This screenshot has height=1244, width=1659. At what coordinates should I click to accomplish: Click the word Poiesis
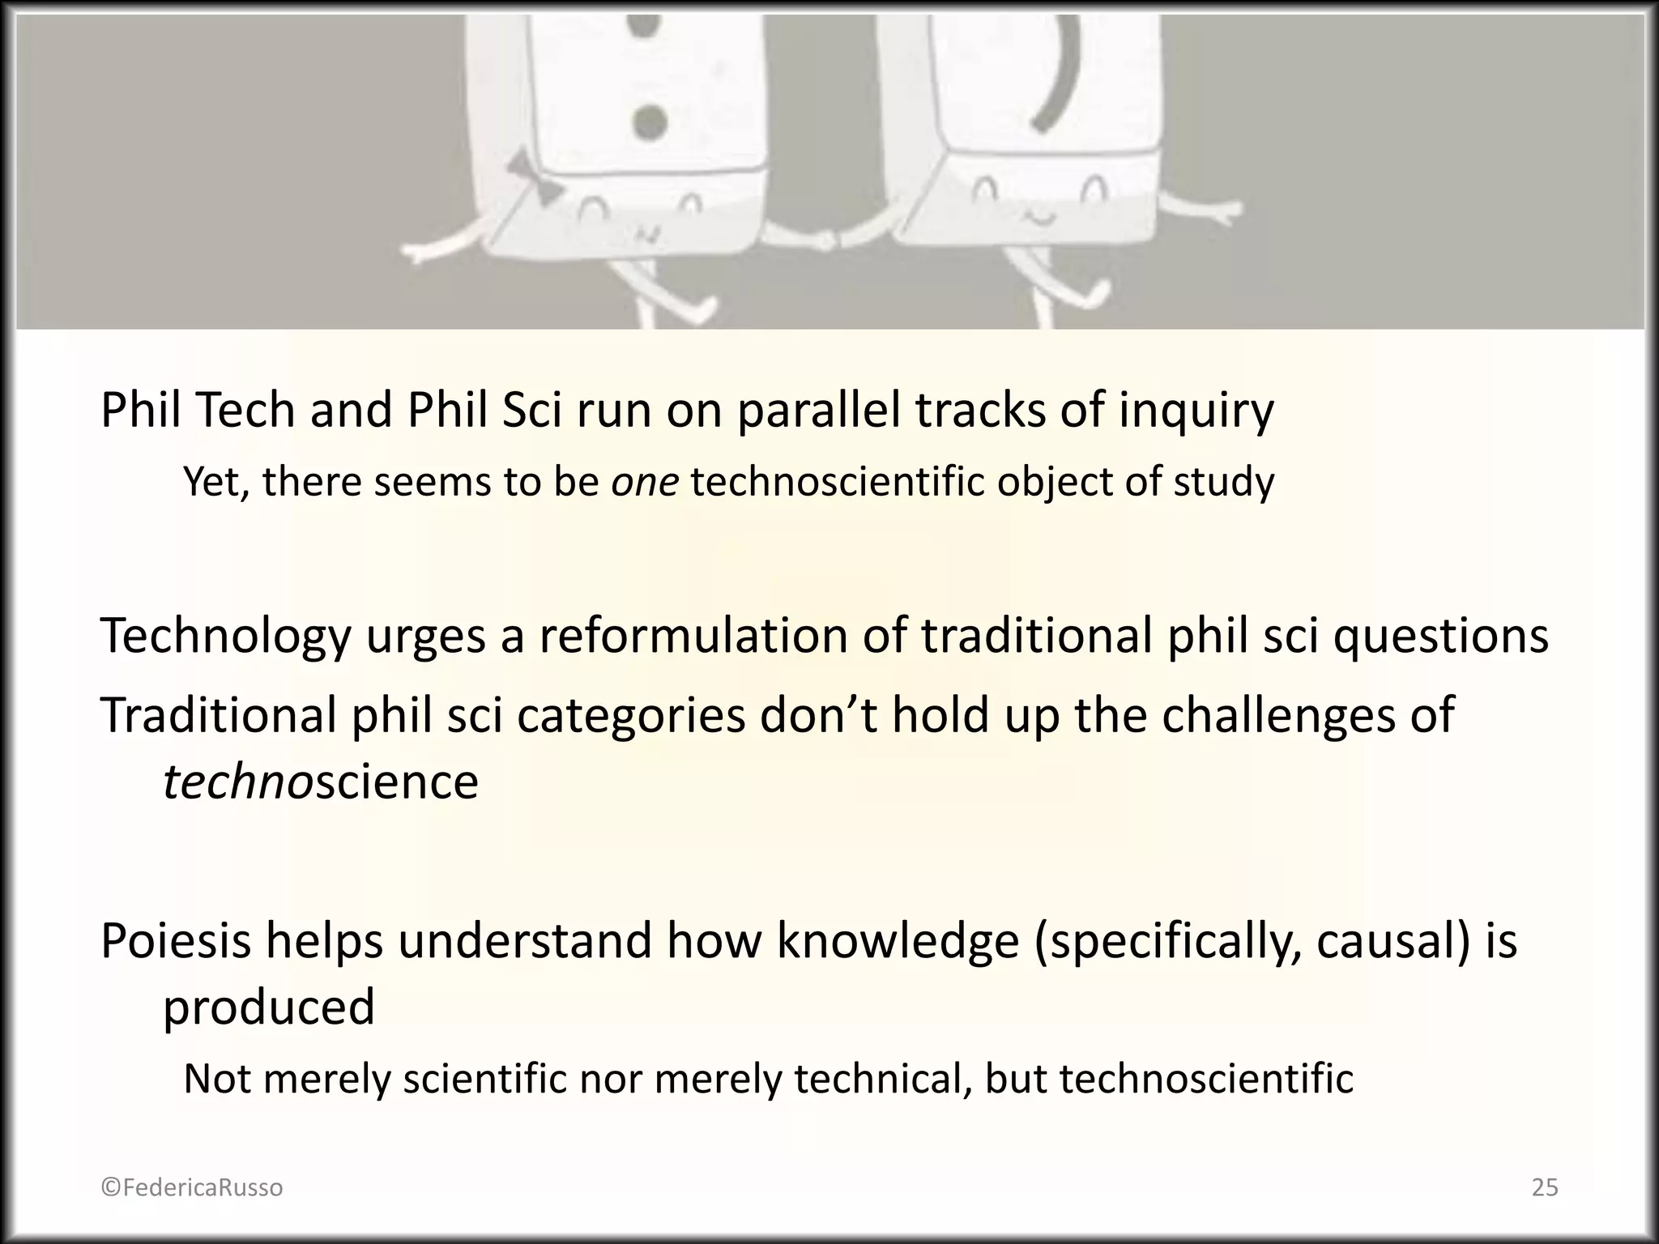[176, 941]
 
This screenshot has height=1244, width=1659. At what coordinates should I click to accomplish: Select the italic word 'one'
[645, 482]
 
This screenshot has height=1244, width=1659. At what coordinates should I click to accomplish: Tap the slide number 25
[1545, 1187]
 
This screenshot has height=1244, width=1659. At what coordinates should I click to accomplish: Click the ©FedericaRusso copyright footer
[192, 1187]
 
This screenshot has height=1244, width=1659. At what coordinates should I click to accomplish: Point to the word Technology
[226, 637]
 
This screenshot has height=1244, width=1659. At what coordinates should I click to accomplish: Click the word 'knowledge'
[898, 941]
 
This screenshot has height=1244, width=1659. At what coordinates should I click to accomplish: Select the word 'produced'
[269, 1008]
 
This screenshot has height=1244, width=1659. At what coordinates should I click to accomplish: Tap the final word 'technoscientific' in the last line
[1206, 1079]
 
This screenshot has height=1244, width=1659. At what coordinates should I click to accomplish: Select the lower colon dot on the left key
[648, 123]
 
